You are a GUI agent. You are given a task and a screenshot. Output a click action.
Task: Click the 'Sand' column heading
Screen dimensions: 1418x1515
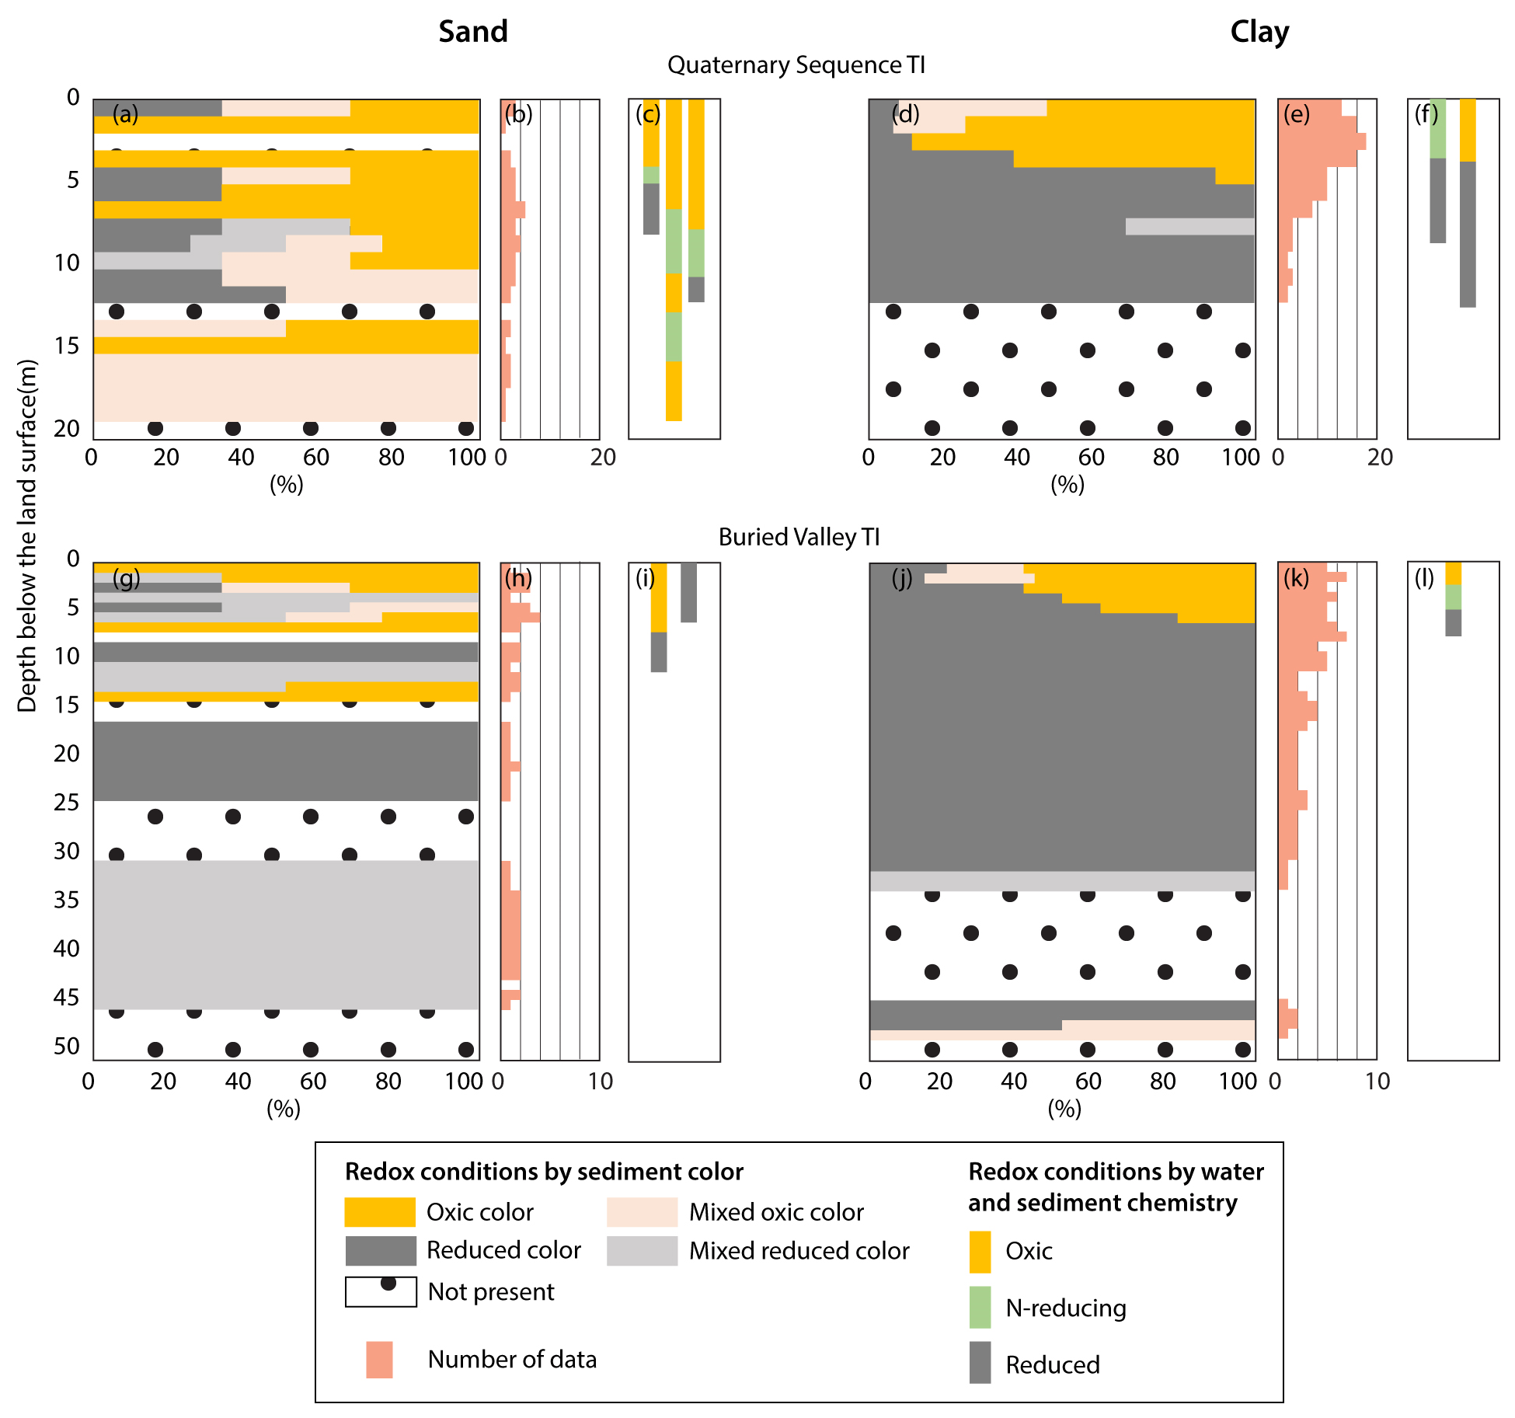(x=472, y=31)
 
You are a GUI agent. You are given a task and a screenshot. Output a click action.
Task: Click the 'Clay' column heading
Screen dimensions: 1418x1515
(x=1259, y=31)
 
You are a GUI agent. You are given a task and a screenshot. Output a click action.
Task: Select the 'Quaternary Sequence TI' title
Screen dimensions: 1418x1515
(x=796, y=64)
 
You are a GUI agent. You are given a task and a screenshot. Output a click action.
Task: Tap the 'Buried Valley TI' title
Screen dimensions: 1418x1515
(x=799, y=537)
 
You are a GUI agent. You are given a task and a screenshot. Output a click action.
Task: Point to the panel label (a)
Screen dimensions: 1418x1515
(x=125, y=114)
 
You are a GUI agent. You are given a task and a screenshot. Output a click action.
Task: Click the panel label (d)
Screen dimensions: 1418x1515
(x=905, y=114)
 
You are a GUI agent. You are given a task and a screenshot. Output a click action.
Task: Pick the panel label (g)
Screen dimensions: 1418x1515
(x=126, y=578)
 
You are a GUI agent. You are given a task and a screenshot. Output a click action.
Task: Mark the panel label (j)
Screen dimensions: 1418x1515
(x=901, y=578)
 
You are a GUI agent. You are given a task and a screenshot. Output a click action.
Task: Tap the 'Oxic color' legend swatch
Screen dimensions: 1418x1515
(x=380, y=1211)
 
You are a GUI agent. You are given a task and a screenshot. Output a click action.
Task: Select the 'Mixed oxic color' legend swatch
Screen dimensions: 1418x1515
(x=642, y=1211)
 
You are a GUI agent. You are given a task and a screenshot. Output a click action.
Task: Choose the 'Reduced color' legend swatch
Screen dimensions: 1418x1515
(x=380, y=1250)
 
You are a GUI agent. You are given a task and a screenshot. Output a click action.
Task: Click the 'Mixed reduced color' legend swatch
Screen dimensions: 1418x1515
(x=642, y=1250)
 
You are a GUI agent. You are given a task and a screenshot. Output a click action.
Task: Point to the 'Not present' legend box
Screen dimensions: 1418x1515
(x=381, y=1291)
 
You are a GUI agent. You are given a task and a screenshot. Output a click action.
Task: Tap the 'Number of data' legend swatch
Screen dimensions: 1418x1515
(x=379, y=1359)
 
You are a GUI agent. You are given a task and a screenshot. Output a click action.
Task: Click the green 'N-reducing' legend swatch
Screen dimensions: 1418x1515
(x=980, y=1308)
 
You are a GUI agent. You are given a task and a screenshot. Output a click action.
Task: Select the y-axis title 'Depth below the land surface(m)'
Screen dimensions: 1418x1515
(x=27, y=536)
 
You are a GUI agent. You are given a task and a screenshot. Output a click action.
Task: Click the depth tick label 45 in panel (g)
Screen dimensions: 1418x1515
(x=67, y=997)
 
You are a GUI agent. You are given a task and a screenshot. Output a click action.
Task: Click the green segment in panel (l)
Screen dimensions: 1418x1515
(x=1453, y=597)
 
